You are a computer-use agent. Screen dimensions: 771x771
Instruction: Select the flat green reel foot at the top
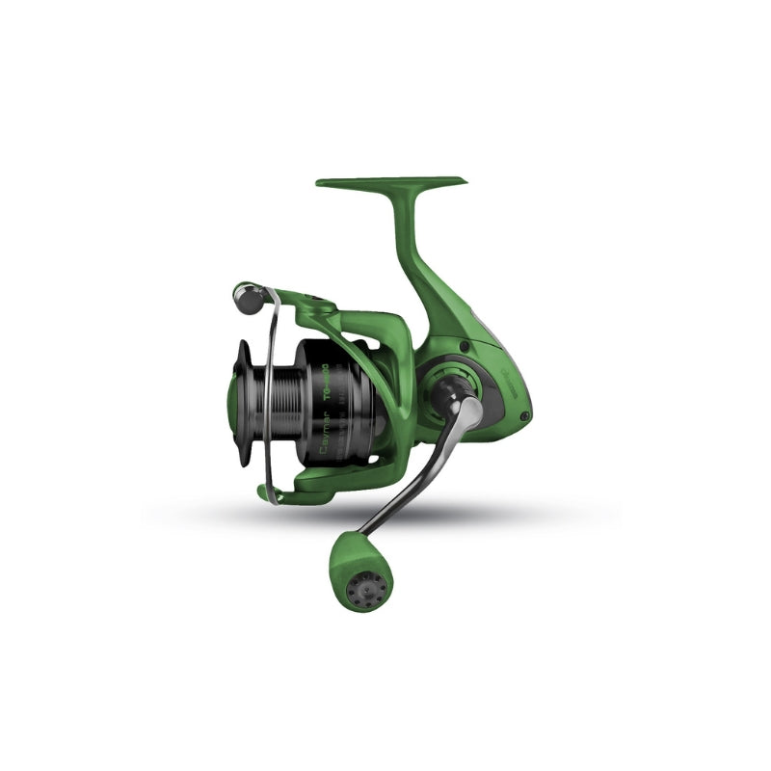(x=390, y=181)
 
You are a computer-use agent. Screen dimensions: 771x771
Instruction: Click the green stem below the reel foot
(x=409, y=241)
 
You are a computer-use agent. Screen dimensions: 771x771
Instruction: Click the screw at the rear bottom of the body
(x=523, y=416)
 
